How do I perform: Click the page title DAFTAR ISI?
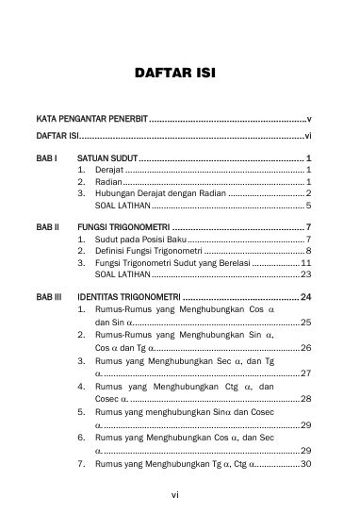click(179, 73)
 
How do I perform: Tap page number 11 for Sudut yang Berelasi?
click(306, 263)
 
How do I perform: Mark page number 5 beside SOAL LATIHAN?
click(309, 205)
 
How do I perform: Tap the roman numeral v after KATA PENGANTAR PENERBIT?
click(309, 121)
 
